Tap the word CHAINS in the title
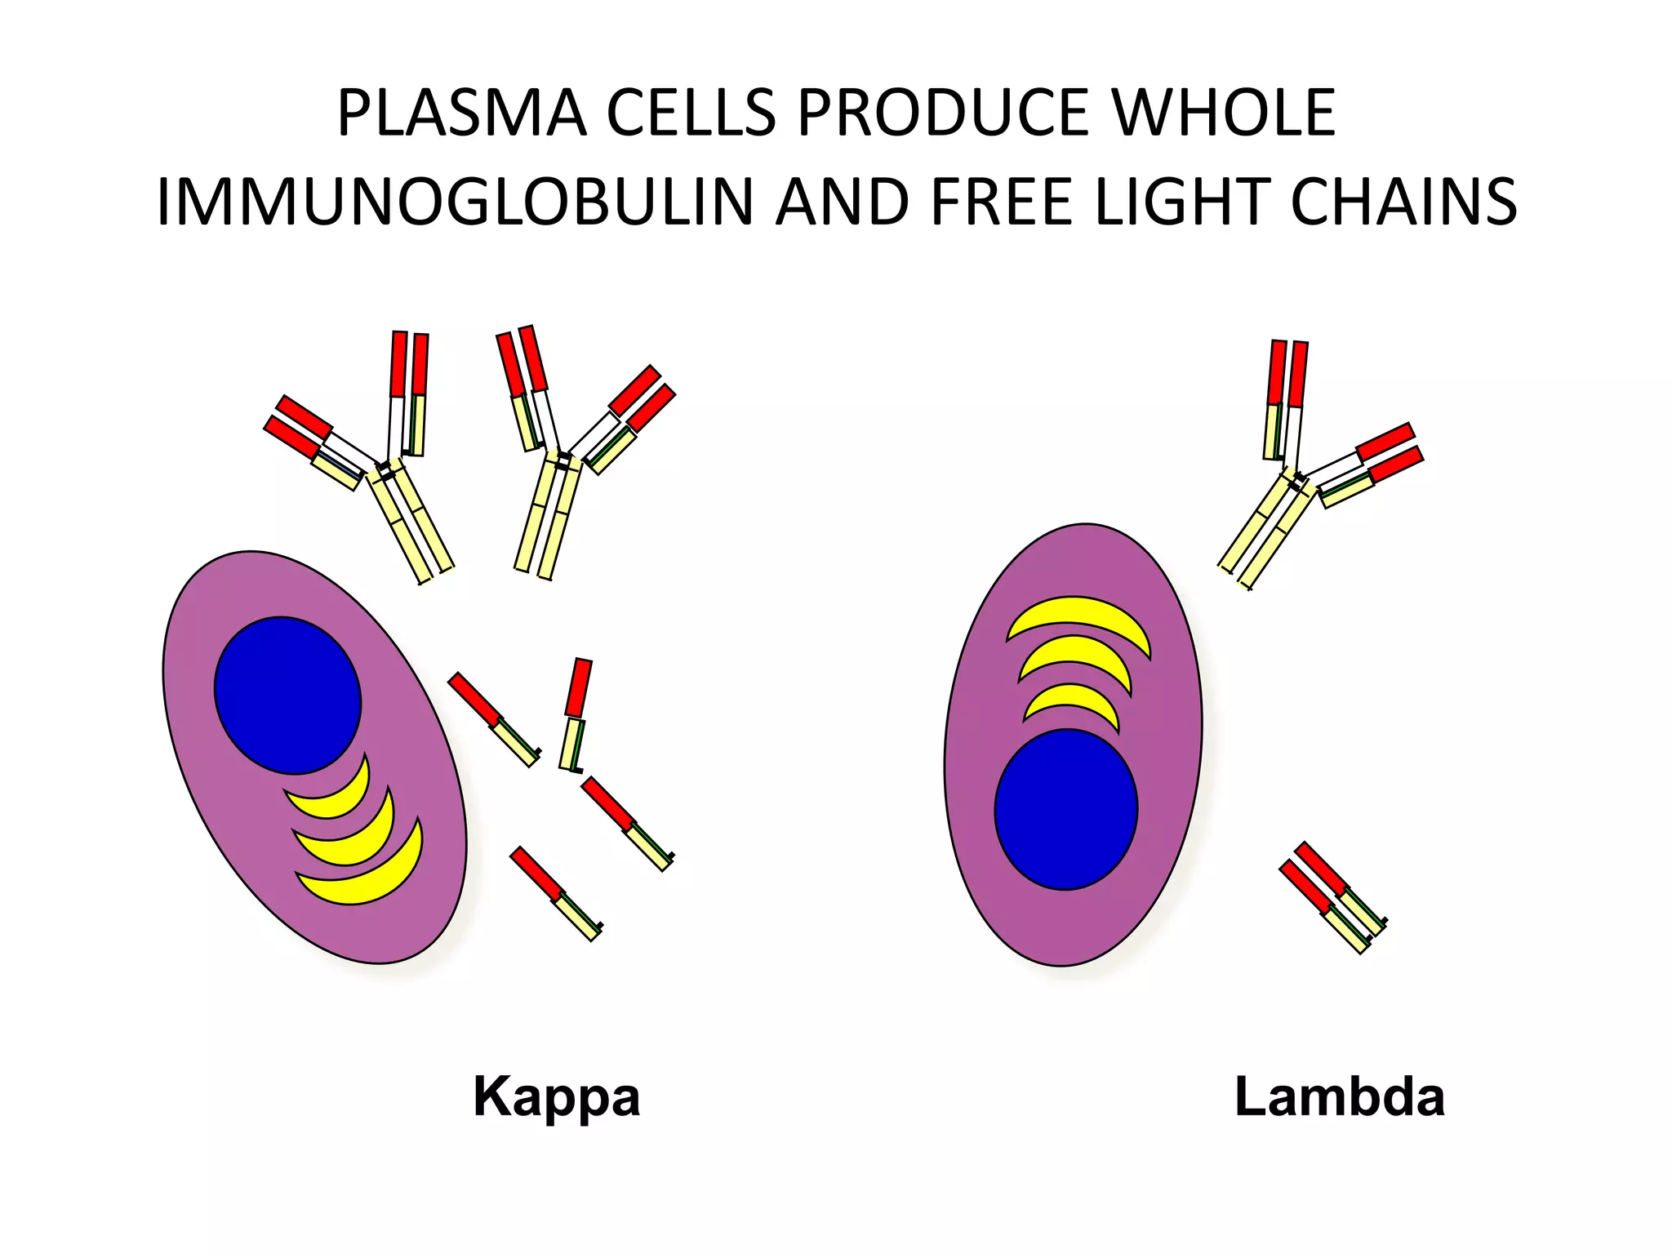1403,202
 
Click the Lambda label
1339,1096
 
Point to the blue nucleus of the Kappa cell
287,695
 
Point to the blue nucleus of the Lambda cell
1065,809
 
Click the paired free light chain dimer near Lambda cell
1332,897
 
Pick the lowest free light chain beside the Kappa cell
556,893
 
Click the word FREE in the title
1000,202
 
